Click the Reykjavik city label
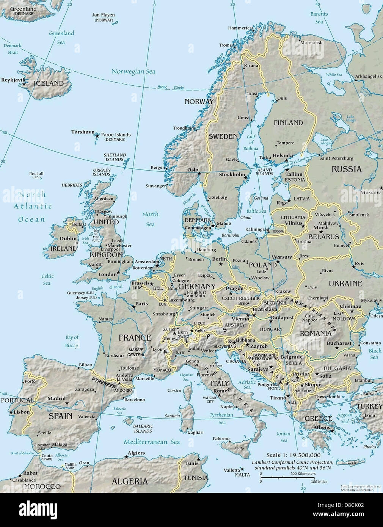point(13,80)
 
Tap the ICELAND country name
point(49,83)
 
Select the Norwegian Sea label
point(133,71)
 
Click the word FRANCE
point(135,337)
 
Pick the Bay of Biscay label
point(72,341)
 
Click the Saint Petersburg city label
point(336,158)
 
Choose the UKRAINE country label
point(345,283)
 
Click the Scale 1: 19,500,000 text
point(293,455)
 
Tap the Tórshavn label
point(82,132)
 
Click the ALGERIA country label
point(130,481)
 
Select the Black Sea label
point(375,354)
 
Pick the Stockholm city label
point(232,174)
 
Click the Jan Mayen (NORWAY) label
point(103,17)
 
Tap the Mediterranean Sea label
point(152,442)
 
